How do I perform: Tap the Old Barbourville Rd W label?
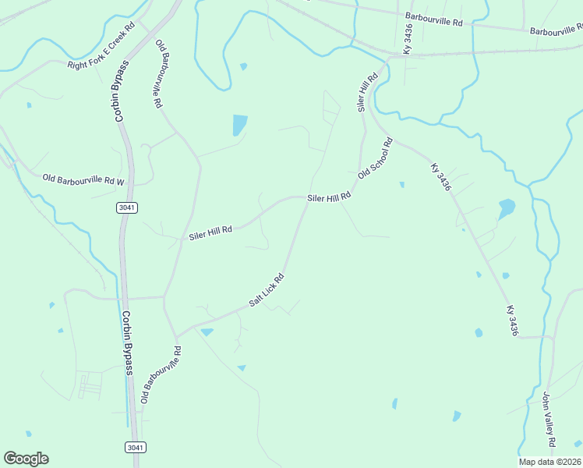[83, 180]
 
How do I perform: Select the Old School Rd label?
[376, 158]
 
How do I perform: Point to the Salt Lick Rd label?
[266, 289]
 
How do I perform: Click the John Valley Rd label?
[549, 420]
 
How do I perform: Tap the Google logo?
[26, 459]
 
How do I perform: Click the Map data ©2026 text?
[549, 462]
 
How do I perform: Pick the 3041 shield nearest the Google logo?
[135, 447]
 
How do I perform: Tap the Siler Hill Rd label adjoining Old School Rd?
[329, 198]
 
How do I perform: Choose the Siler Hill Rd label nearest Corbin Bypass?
[210, 232]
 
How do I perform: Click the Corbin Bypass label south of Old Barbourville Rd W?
[127, 343]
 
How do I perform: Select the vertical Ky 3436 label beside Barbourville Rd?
[408, 38]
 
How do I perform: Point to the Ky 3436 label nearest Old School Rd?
[441, 179]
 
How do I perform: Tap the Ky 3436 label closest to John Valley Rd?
[512, 321]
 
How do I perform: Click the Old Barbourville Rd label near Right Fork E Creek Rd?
[159, 73]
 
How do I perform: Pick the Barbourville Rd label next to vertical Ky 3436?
[434, 20]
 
